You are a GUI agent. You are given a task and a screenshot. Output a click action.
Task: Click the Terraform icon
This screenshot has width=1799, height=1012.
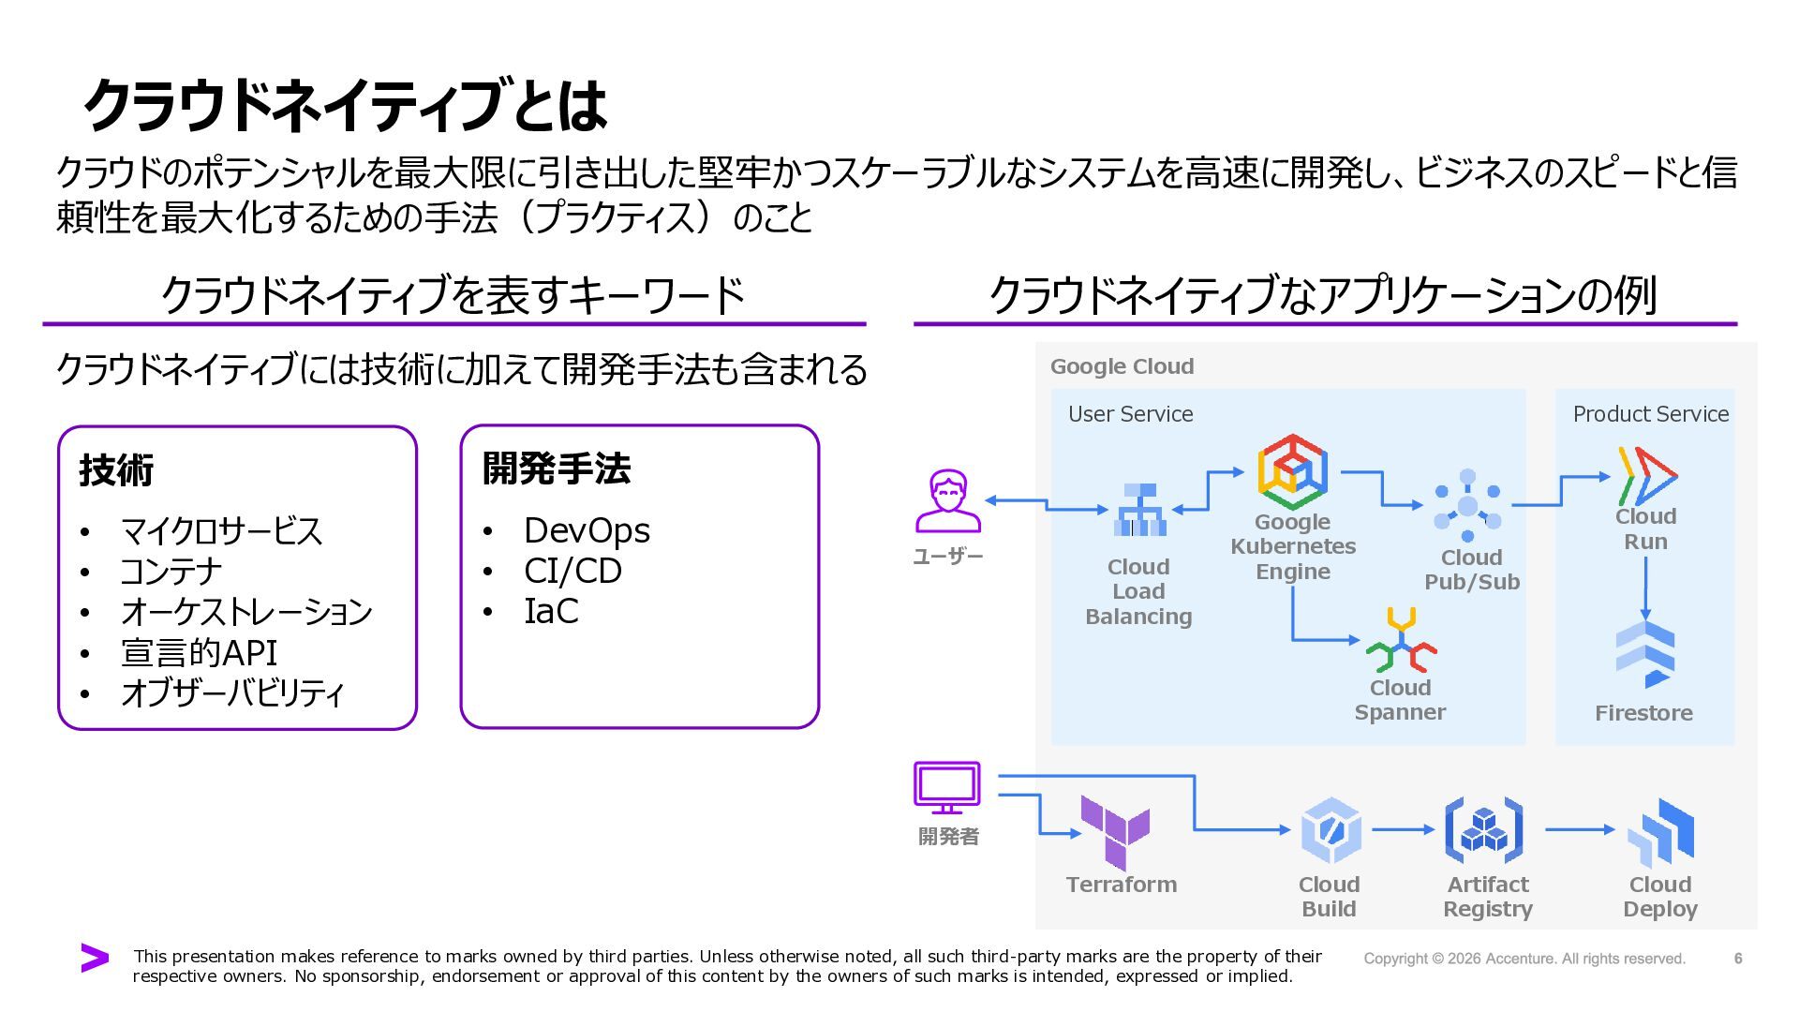tap(1115, 832)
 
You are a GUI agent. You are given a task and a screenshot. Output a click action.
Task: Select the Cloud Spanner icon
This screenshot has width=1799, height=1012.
tap(1401, 641)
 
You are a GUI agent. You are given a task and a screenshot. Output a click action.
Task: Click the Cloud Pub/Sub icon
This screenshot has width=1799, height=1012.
tap(1467, 506)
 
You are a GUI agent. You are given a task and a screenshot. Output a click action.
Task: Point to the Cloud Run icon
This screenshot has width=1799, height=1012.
tap(1646, 476)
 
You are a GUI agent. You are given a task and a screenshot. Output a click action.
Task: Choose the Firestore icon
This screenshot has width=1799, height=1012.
tap(1644, 654)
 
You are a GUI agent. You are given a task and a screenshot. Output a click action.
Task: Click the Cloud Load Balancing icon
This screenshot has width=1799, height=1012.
tap(1139, 510)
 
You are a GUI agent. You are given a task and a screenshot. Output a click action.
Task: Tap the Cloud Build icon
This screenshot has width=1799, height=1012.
tap(1330, 830)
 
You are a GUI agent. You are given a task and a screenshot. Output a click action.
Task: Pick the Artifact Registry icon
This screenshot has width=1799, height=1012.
tap(1484, 830)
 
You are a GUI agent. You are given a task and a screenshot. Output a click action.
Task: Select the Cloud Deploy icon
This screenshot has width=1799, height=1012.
tap(1661, 832)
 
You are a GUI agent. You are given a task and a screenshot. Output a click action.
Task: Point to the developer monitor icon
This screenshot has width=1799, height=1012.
tap(947, 788)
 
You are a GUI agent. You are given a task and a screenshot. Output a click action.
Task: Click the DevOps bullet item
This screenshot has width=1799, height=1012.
tap(587, 530)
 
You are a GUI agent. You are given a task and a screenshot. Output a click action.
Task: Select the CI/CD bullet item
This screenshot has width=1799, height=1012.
tap(572, 571)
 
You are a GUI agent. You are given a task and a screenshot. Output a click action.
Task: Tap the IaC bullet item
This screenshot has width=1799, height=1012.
tap(551, 611)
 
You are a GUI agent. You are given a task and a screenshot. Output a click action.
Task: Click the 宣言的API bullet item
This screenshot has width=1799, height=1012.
tap(199, 653)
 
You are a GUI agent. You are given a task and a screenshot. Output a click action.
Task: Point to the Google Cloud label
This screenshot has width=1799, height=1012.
tap(1122, 366)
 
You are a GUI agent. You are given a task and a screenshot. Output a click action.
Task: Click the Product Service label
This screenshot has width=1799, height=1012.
tap(1650, 414)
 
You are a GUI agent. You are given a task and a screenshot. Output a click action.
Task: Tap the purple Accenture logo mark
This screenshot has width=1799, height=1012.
tap(95, 958)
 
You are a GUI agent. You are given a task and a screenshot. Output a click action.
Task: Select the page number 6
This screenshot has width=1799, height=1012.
tap(1738, 958)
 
